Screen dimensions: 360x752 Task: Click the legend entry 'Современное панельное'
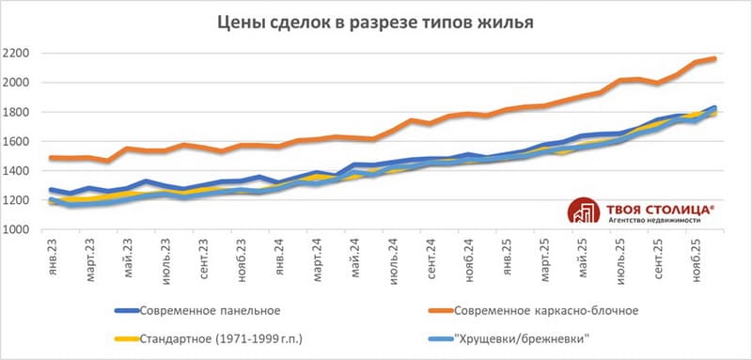[209, 310]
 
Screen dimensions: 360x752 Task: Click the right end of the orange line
[715, 59]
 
